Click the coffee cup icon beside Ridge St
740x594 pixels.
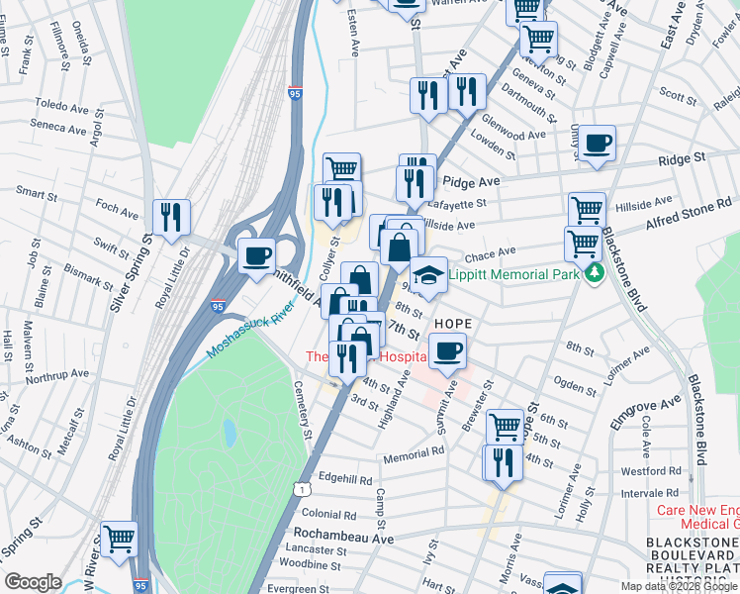598,143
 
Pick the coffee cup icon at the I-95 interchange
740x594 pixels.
257,255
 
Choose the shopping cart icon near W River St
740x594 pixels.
119,539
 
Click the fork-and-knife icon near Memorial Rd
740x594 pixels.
501,461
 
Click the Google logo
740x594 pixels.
33,582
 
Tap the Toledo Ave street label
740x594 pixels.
61,103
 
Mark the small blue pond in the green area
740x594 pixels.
230,432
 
